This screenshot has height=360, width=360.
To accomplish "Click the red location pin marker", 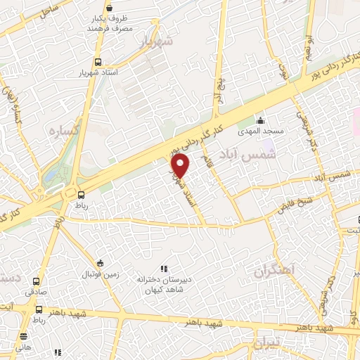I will [x=181, y=166].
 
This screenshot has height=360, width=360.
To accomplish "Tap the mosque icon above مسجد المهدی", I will [x=260, y=119].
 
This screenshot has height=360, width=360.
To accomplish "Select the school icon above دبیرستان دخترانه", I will [x=164, y=268].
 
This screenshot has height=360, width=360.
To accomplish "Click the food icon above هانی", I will [x=25, y=337].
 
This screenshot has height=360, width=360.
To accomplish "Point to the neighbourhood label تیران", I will [x=269, y=342].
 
